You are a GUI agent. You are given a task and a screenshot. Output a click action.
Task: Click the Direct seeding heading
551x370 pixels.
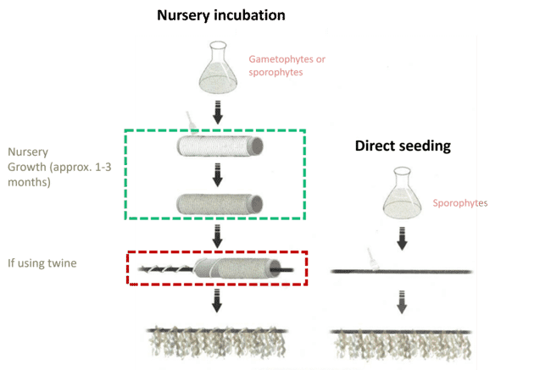coord(402,146)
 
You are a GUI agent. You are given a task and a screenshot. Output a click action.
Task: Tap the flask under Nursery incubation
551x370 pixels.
coord(217,69)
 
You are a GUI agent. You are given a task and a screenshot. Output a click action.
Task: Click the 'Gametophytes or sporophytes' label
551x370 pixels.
coord(287,66)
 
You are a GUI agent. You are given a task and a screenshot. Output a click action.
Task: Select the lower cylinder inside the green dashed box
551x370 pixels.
coord(218,203)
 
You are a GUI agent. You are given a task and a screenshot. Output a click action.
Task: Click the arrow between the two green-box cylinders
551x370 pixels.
coord(217,175)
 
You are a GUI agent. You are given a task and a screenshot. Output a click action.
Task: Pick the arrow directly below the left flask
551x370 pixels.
coord(217,110)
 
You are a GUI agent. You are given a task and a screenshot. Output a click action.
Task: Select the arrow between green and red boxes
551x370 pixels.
coord(217,236)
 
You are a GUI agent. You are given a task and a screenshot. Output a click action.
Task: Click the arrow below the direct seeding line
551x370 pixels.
coord(402,301)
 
